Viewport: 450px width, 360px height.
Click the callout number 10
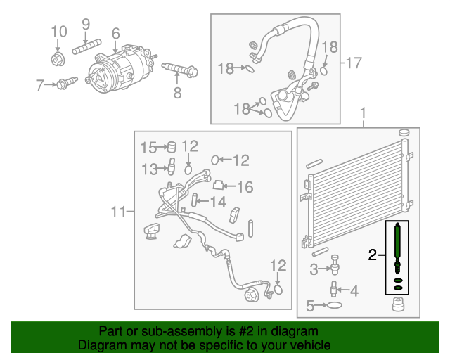59,31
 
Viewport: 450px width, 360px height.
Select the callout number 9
86,24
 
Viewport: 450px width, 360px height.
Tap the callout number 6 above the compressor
115,32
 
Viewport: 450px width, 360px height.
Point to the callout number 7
40,85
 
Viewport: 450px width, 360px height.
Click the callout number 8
177,92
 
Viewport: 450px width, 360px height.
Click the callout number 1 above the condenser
364,113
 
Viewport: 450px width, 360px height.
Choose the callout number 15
148,148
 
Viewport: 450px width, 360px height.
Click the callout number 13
148,169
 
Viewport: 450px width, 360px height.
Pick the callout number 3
314,268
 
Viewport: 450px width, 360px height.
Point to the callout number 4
354,290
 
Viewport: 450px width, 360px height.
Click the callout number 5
310,305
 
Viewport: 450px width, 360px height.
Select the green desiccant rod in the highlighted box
398,243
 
